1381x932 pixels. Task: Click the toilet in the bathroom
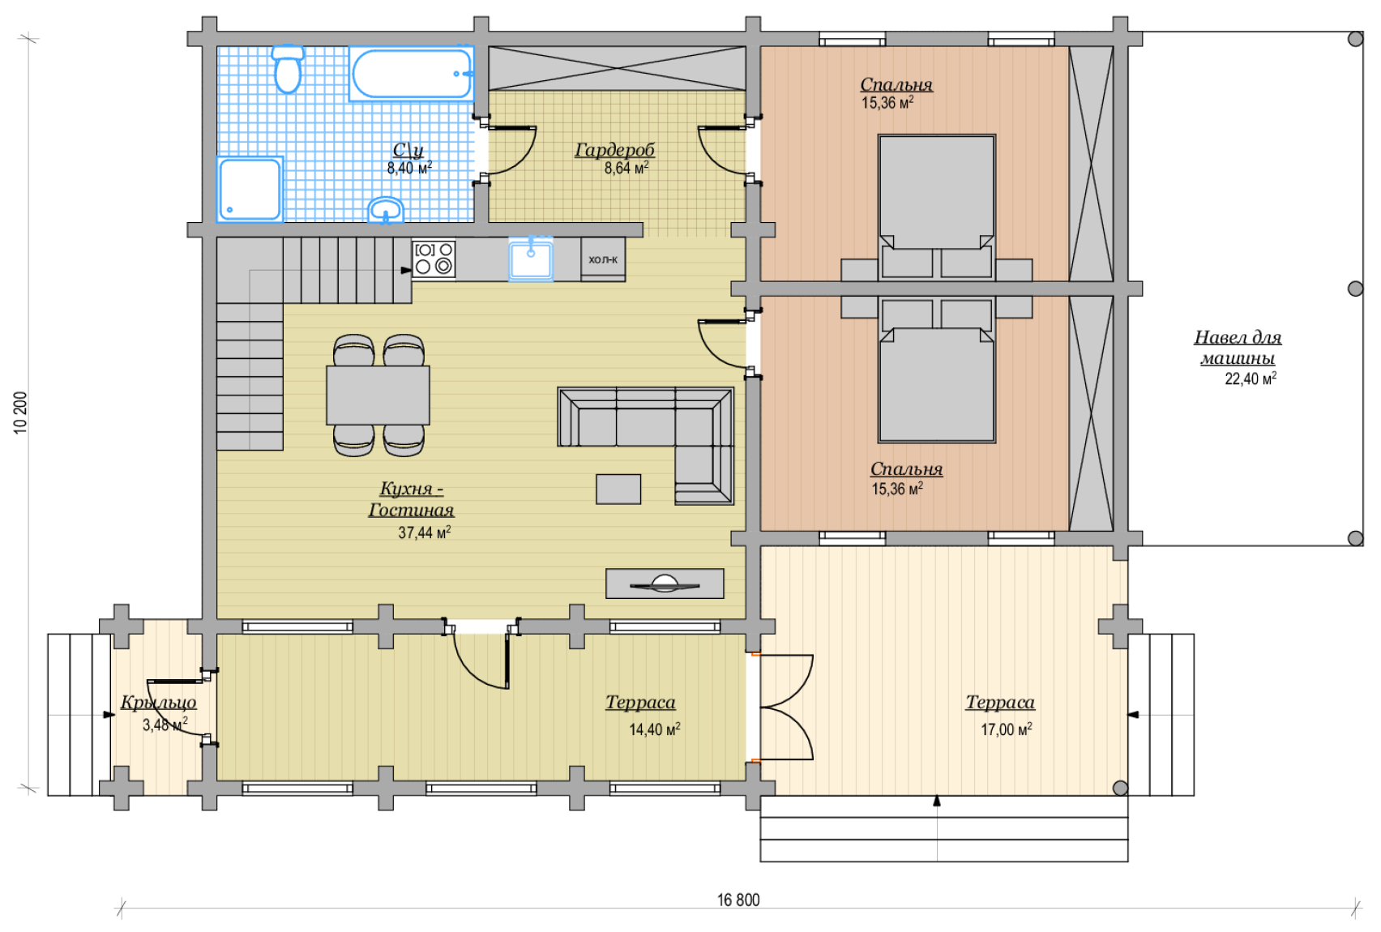click(x=288, y=68)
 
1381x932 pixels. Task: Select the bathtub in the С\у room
click(x=411, y=74)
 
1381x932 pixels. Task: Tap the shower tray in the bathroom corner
click(x=250, y=189)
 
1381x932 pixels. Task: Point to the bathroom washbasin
click(x=386, y=210)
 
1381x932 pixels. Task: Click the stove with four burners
click(x=434, y=259)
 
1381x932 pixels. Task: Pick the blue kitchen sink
click(x=531, y=259)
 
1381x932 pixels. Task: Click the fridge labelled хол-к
click(x=603, y=259)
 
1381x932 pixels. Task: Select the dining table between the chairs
click(x=378, y=395)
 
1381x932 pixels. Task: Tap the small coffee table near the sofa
click(x=618, y=489)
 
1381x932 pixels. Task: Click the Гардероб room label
click(x=614, y=149)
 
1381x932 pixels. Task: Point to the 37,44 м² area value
click(x=424, y=532)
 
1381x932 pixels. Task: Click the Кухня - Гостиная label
click(x=411, y=498)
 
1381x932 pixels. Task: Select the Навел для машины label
click(x=1238, y=347)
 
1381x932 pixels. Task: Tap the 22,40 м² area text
click(x=1251, y=378)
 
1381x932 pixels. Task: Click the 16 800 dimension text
click(x=738, y=900)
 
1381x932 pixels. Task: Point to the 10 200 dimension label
click(x=20, y=413)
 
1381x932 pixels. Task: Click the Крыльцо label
click(x=159, y=702)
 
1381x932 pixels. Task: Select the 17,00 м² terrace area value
click(x=1006, y=729)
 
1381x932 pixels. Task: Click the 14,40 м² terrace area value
click(x=655, y=729)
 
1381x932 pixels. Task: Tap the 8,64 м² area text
click(x=626, y=168)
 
